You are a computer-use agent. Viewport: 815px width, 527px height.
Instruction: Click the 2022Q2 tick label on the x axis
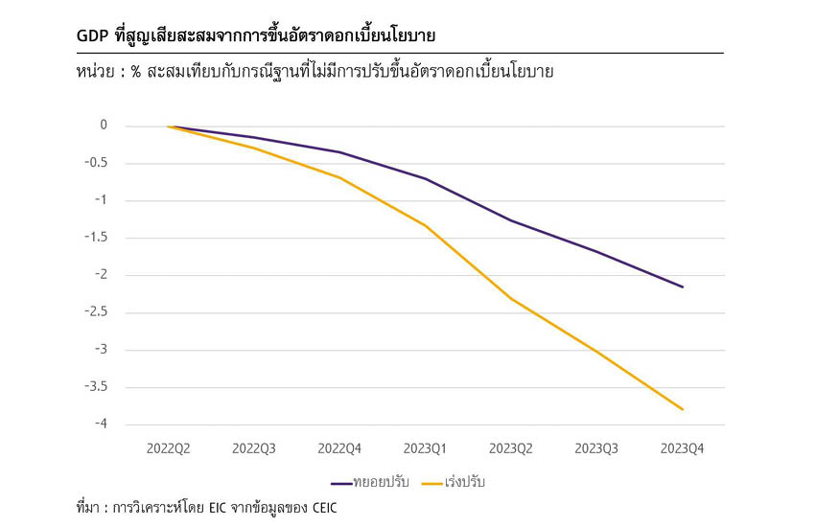click(x=169, y=447)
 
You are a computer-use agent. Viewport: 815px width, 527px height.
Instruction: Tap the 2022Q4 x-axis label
click(x=339, y=447)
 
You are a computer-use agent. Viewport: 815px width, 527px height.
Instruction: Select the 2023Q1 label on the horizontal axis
click(x=426, y=447)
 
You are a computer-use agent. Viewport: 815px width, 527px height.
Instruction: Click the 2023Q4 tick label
click(x=683, y=447)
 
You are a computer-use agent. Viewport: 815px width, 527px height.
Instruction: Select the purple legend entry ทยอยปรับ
click(x=369, y=481)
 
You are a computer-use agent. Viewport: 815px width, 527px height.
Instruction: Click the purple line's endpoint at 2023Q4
click(x=683, y=286)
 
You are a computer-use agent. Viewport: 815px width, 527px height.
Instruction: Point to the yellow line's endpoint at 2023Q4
click(x=683, y=409)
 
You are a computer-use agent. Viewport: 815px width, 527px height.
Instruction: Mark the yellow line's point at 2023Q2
click(x=511, y=299)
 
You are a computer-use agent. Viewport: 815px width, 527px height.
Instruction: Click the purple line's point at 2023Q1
click(x=426, y=179)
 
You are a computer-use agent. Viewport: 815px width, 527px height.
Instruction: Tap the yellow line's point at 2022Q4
click(x=339, y=177)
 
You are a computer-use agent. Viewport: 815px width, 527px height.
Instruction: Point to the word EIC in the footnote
click(x=217, y=508)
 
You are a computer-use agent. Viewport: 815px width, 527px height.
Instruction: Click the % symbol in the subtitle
click(x=137, y=72)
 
